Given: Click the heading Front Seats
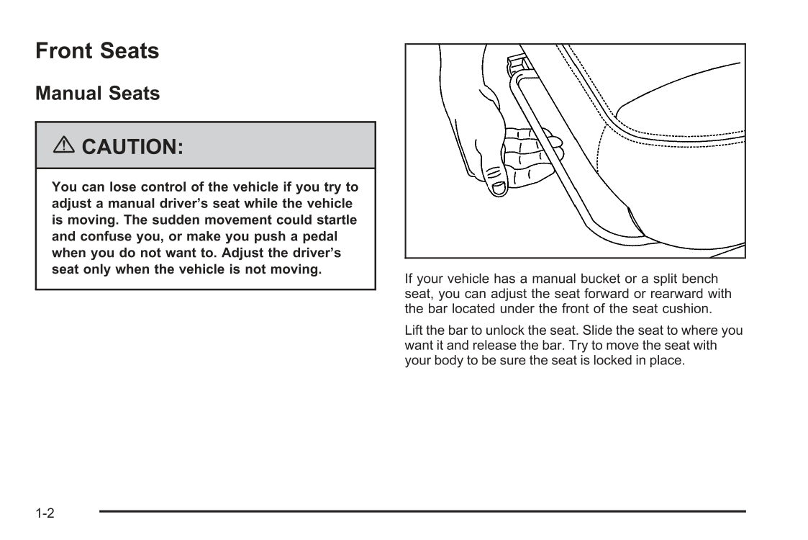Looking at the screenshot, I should tap(97, 51).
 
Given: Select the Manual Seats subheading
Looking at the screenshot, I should tap(98, 94).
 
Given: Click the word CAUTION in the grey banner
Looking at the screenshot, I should tap(132, 147).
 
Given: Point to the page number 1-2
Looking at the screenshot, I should tap(45, 513).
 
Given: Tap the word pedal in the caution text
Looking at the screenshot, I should tap(319, 236).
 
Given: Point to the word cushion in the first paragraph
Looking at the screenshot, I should tap(689, 308).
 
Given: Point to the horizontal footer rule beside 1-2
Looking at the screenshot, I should tap(422, 511).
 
